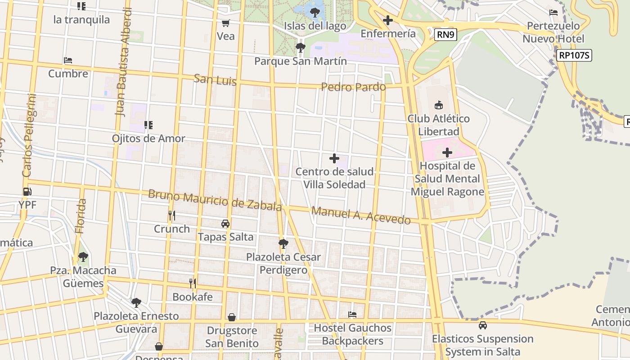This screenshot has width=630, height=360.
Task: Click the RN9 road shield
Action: [446, 35]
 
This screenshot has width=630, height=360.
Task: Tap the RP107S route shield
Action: [574, 55]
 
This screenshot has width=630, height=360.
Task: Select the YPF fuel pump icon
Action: [27, 192]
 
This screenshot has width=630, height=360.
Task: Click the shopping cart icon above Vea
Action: [225, 23]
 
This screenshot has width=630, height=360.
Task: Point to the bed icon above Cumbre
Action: [68, 60]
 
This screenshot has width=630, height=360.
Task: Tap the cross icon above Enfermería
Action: [387, 20]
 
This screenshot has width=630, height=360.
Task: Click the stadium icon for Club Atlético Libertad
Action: [438, 105]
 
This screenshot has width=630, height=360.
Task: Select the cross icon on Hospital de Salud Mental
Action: [447, 153]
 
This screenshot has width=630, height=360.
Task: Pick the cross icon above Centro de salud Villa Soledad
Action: [334, 158]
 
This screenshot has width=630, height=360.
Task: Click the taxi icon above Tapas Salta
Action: [225, 224]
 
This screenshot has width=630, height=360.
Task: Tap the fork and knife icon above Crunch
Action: [171, 216]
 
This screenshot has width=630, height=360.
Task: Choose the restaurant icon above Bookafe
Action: [193, 283]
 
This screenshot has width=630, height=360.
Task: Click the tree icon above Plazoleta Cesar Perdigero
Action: [283, 244]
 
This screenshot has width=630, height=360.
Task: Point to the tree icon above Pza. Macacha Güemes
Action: [83, 257]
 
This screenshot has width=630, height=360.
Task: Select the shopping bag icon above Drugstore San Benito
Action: [232, 317]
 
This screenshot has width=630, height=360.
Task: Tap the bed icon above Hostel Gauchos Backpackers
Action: [352, 315]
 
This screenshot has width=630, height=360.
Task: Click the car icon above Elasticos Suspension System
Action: [483, 325]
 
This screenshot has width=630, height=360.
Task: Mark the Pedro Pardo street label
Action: [353, 87]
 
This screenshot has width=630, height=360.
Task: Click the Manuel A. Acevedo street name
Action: [361, 215]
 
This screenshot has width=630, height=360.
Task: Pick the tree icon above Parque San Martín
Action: [300, 47]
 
